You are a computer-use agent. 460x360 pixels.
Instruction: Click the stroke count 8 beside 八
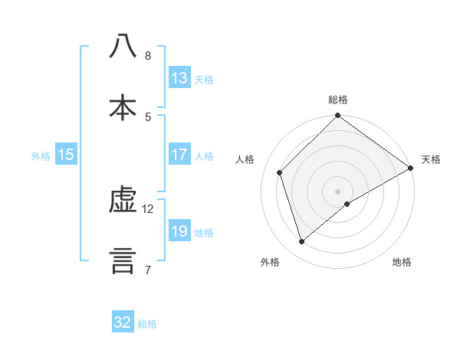point(147,56)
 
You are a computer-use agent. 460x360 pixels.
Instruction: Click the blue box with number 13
point(179,78)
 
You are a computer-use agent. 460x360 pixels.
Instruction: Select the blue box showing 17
point(179,155)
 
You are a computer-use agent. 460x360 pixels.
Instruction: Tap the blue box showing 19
point(179,231)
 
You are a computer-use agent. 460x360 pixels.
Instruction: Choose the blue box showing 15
point(66,155)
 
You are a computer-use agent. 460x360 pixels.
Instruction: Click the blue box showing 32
point(123,322)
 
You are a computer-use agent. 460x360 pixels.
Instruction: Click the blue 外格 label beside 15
point(41,156)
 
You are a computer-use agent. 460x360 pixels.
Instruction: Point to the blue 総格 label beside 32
point(147,324)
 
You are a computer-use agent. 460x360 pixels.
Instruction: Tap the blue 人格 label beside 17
point(204,156)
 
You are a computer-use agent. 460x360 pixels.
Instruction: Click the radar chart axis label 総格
point(338,100)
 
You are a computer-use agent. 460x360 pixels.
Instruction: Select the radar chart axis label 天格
point(431,159)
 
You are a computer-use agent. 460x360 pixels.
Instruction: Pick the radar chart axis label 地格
point(402,262)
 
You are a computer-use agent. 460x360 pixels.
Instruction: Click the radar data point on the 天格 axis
point(410,169)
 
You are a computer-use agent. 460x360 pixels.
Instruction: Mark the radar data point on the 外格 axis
point(302,242)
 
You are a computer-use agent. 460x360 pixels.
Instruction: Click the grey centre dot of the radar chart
point(338,191)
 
